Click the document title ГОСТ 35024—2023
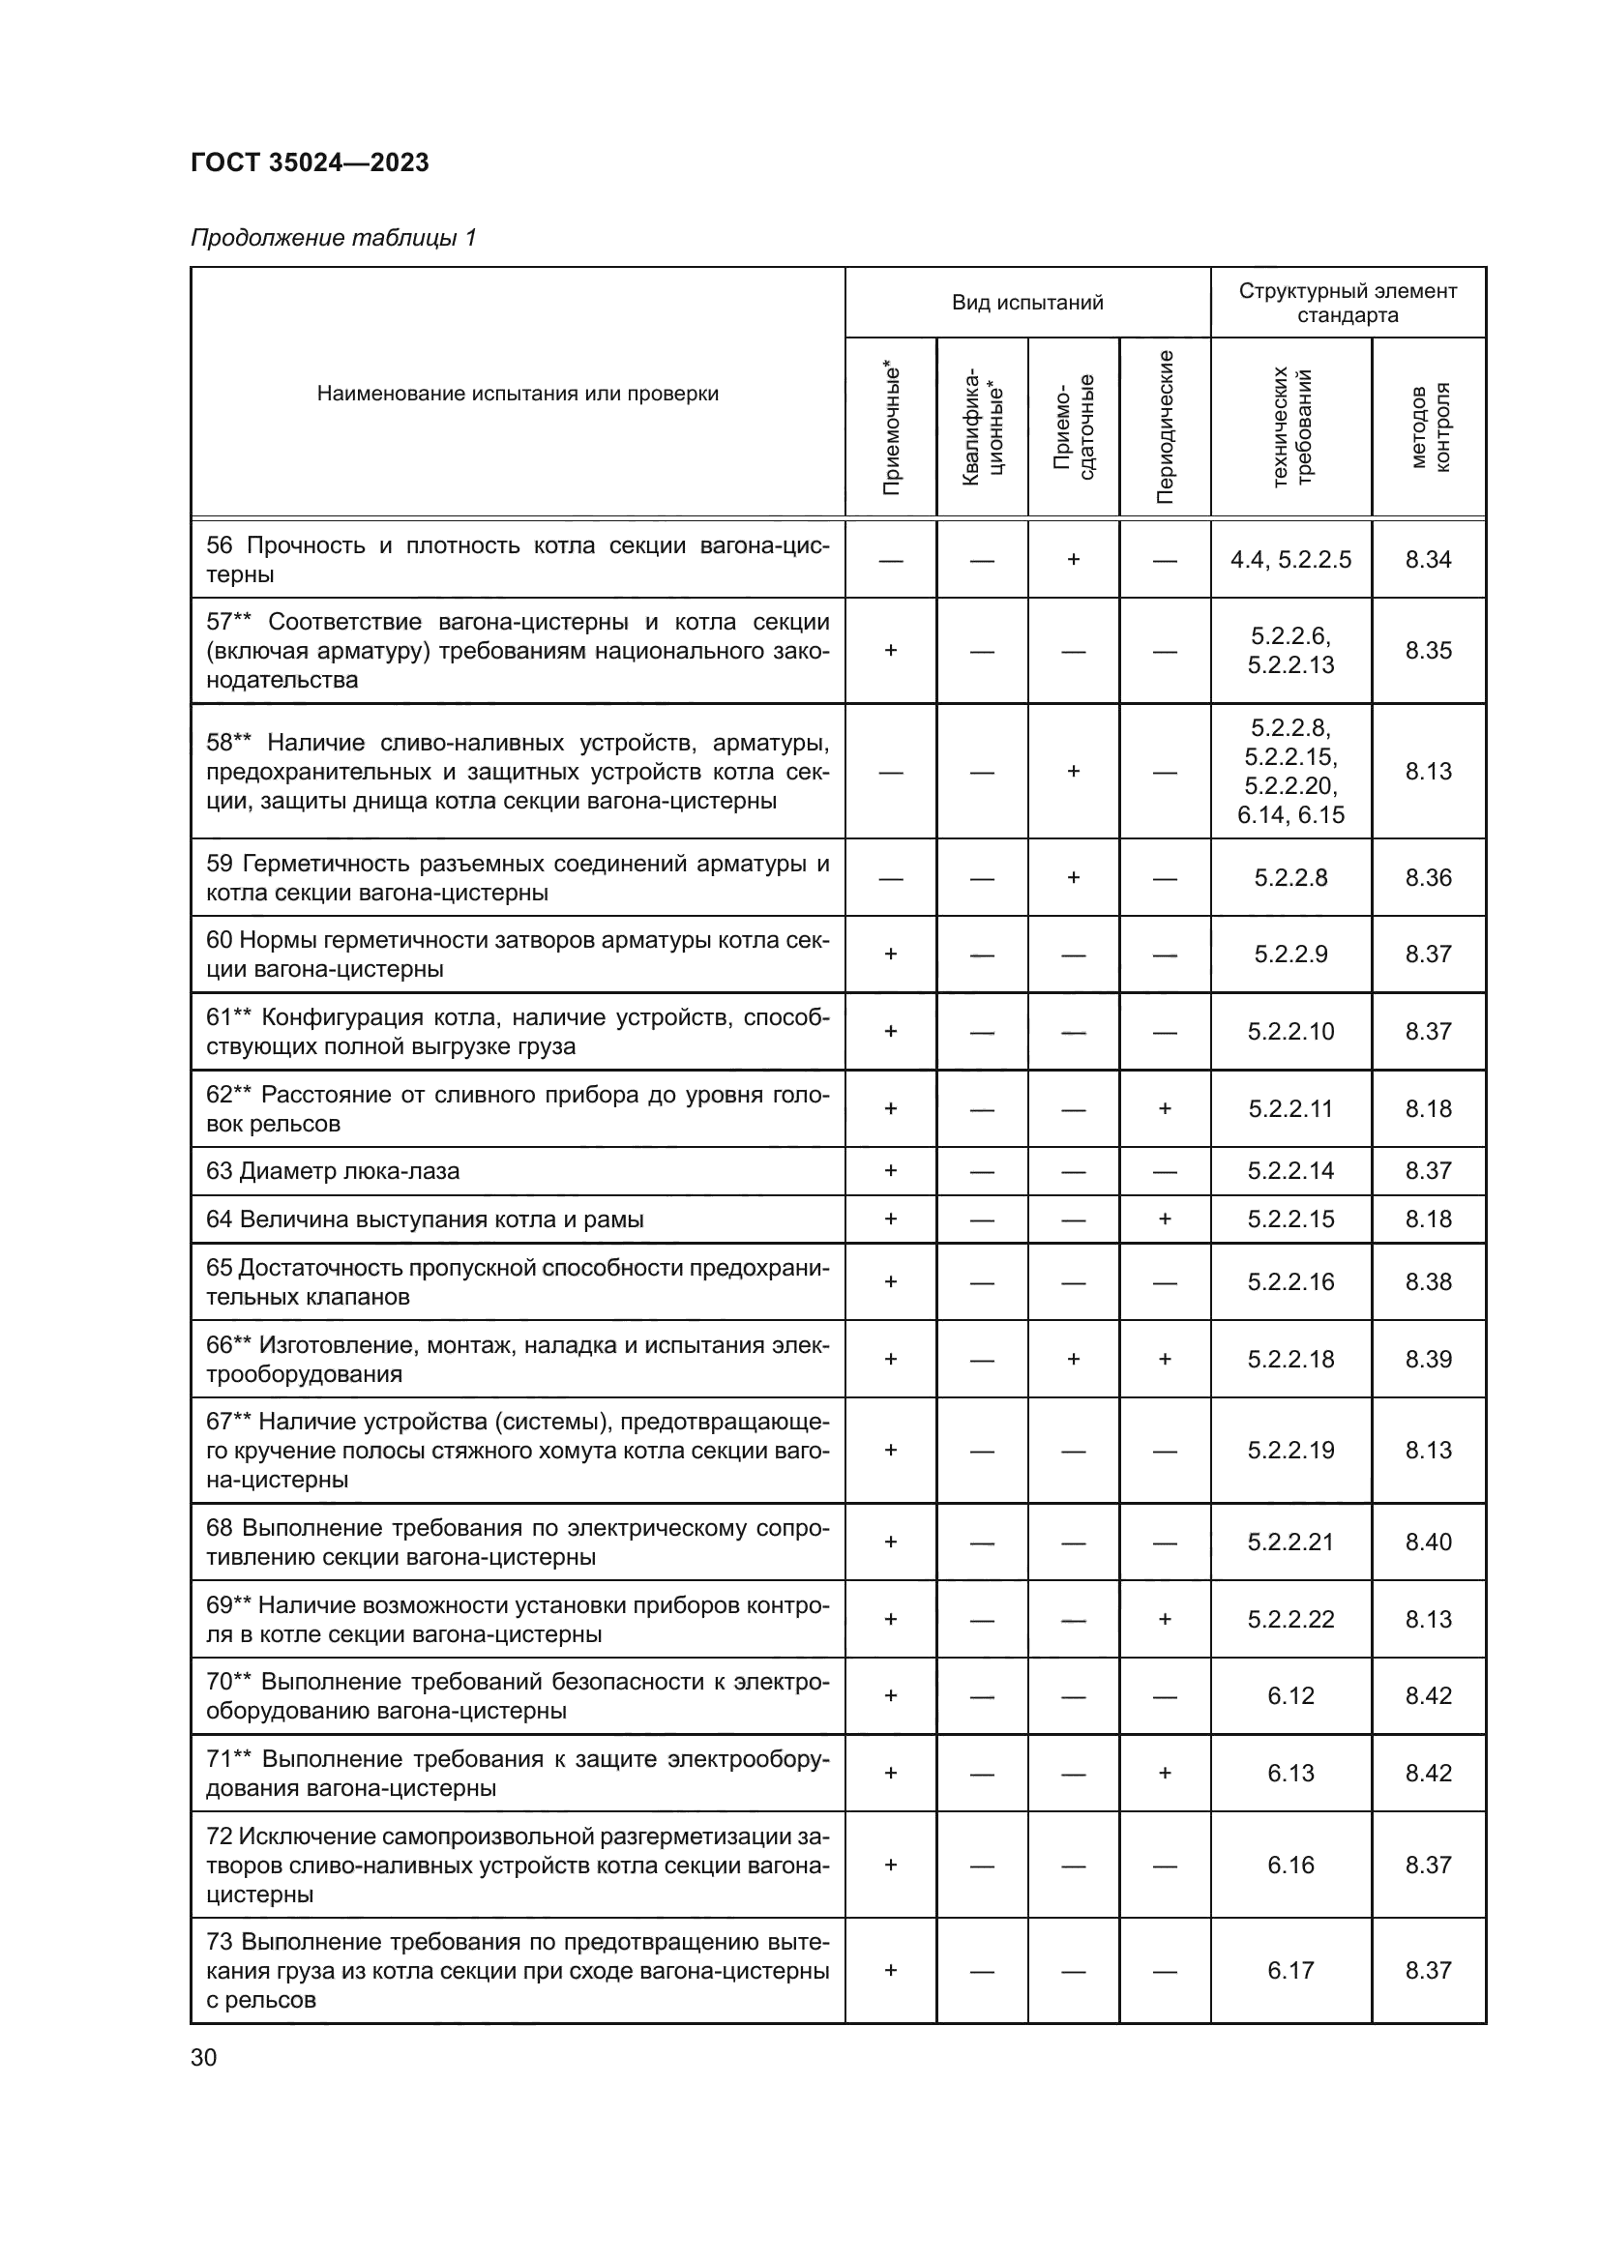pos(310,162)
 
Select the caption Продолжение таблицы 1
pos(333,238)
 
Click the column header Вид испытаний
pos(1026,303)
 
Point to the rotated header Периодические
pos(1165,426)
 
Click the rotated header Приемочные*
pos(891,426)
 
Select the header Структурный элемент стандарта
pos(1347,303)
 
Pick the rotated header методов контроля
pos(1429,426)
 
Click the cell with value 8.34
pos(1428,560)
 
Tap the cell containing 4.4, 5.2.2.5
pos(1289,560)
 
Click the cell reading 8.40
pos(1428,1542)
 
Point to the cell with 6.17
pos(1289,1970)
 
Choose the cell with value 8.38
pos(1428,1281)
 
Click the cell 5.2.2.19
pos(1289,1451)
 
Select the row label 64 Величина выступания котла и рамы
pos(425,1219)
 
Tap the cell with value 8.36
pos(1428,878)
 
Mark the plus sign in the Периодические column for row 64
pos(1165,1219)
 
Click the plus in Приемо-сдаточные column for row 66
pos(1073,1360)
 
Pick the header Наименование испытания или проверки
pos(518,394)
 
